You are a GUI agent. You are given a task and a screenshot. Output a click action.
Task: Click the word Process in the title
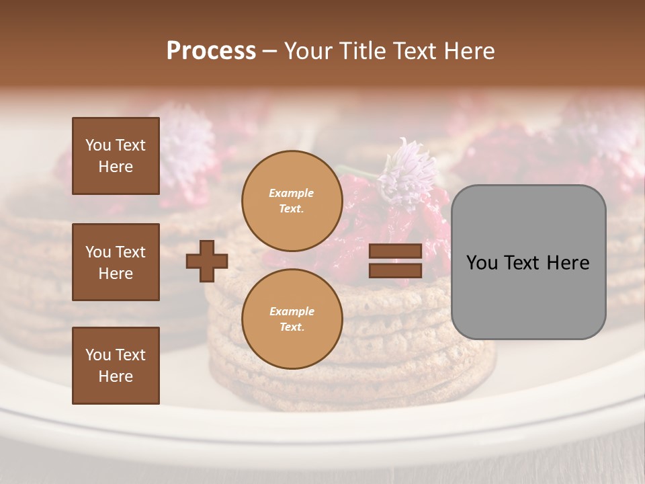pos(211,51)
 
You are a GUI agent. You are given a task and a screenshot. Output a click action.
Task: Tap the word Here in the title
pos(468,51)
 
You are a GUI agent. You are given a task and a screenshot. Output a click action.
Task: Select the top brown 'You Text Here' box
pos(116,156)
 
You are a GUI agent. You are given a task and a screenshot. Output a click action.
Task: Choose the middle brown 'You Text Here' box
pos(116,262)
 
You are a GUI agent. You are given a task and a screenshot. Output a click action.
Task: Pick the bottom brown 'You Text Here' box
pos(116,366)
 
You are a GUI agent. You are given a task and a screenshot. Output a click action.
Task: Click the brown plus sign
pos(207,261)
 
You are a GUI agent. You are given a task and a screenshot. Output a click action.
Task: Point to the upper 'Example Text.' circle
pos(292,201)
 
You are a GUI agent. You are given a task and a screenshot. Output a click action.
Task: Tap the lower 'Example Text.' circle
pos(292,319)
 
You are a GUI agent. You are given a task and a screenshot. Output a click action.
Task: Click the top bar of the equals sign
pos(395,251)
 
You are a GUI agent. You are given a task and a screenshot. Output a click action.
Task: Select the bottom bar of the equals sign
pos(395,270)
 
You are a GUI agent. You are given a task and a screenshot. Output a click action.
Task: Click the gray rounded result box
pos(528,296)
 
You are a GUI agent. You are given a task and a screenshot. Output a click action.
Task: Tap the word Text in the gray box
pos(527,263)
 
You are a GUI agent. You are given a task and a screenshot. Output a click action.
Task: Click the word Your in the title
pos(310,51)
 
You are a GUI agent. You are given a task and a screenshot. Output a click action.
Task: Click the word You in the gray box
pos(482,263)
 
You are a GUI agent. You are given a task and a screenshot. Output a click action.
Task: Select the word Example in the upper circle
pos(291,193)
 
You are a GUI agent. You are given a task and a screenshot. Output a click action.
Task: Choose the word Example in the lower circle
pos(292,311)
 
